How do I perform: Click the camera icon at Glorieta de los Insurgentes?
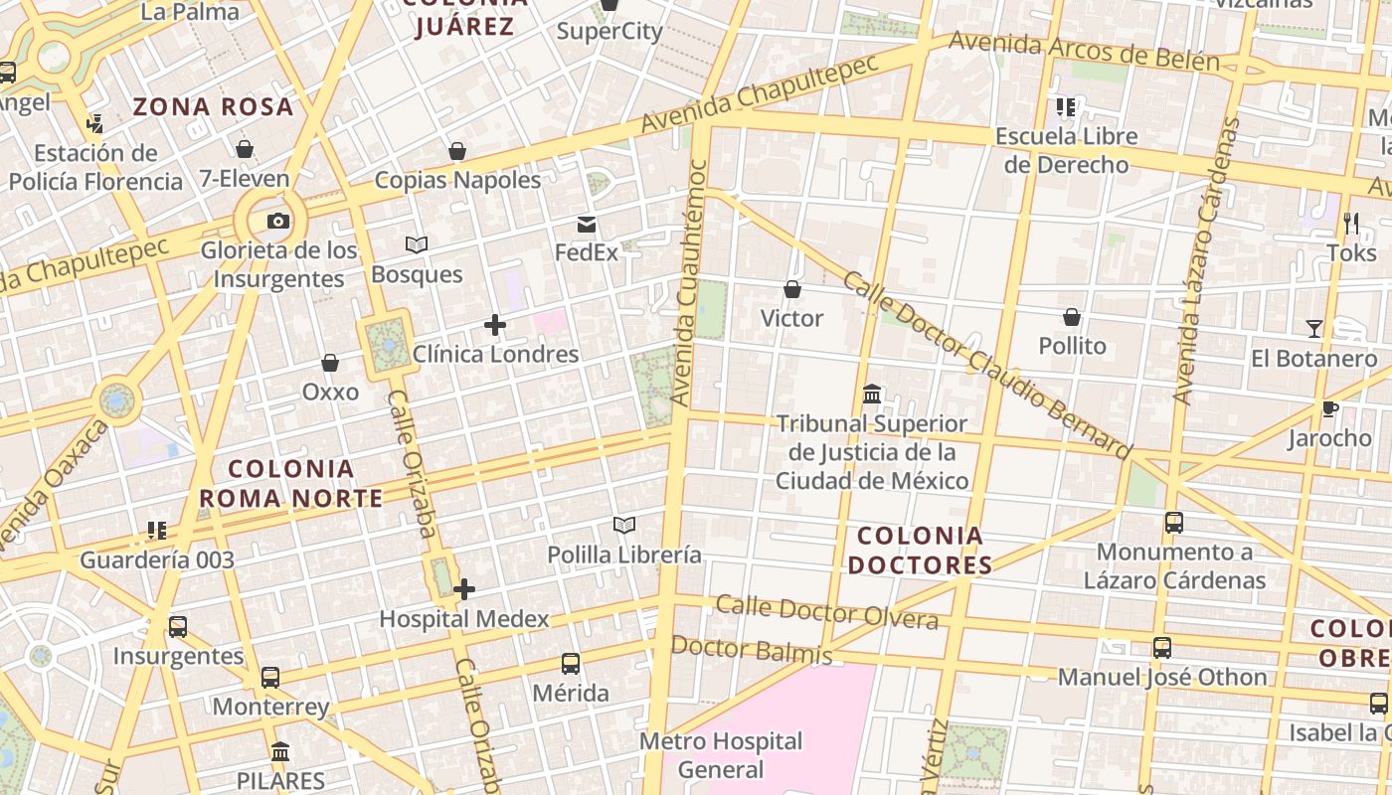coord(278,221)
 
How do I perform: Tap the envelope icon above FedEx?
coord(587,225)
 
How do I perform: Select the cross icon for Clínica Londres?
coord(494,324)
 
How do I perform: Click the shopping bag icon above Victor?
coord(792,289)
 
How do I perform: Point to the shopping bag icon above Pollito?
coord(1072,317)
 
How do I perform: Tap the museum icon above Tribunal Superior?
coord(872,394)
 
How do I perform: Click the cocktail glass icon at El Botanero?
coord(1314,328)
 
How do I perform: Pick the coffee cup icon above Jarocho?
coord(1329,408)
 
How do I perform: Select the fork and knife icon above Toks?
coord(1351,224)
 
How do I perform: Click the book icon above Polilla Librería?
coord(624,525)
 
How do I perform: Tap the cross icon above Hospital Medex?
coord(464,589)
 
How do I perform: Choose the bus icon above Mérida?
coord(571,663)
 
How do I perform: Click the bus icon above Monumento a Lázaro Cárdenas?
coord(1174,522)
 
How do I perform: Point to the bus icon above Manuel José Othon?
coord(1162,648)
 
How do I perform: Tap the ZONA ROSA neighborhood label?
coord(214,106)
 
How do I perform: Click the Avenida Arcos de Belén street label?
coord(1084,51)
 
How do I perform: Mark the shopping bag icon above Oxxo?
coord(330,363)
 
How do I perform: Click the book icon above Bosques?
coord(417,244)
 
